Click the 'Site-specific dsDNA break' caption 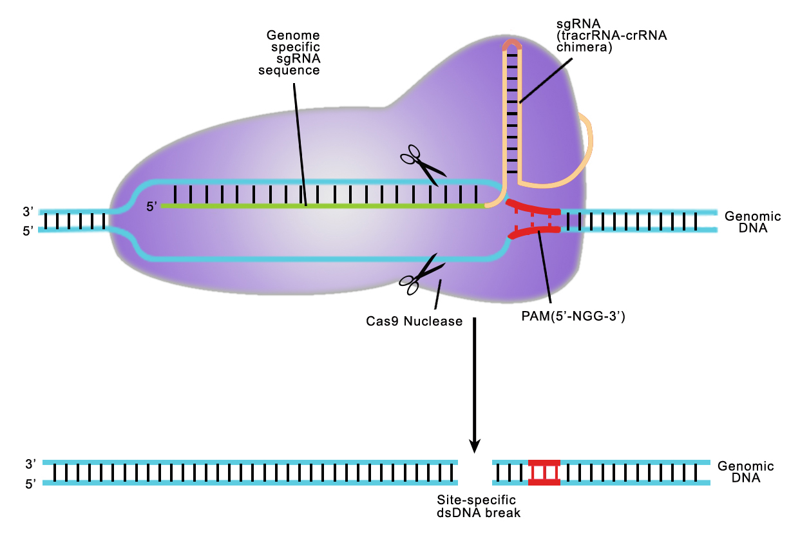pos(477,506)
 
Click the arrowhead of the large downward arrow pos(475,445)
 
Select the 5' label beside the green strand pos(152,207)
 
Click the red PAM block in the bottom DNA pos(544,473)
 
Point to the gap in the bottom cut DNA pos(475,473)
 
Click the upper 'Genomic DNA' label pos(752,222)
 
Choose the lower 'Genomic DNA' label pos(746,473)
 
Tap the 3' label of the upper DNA pos(28,211)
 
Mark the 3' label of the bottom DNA pos(31,463)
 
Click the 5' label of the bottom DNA pos(31,484)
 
